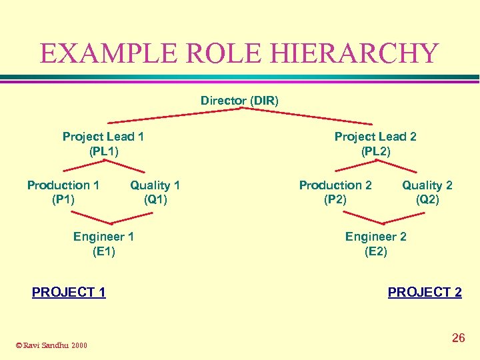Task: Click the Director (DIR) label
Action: (239, 101)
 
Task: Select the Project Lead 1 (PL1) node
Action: (103, 144)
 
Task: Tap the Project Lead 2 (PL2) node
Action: (375, 144)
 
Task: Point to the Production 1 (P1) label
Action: (63, 192)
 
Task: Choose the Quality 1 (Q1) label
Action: (155, 192)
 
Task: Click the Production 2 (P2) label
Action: (335, 192)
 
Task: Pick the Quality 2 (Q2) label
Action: (427, 192)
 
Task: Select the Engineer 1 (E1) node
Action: (103, 244)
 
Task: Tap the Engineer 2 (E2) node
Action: (375, 244)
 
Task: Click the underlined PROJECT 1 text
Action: (69, 292)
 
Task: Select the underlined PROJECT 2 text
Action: (425, 292)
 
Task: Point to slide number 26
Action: (458, 338)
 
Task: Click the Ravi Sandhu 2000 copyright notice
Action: (51, 345)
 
